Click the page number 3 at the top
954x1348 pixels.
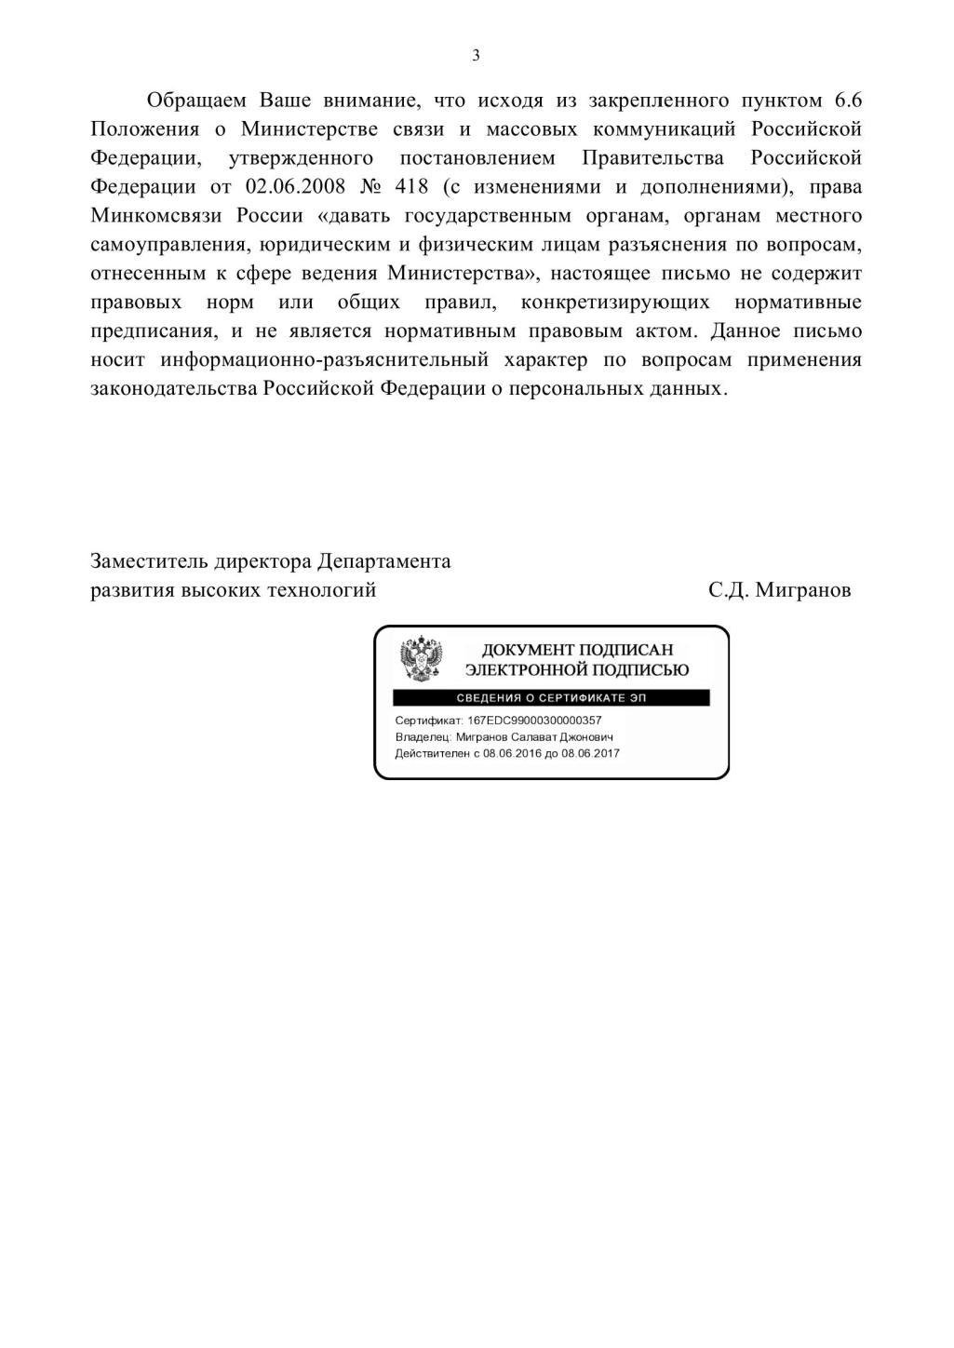477,56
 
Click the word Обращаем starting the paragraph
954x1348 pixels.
195,100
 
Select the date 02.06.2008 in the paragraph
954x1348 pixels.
296,186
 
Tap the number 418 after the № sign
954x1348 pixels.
411,186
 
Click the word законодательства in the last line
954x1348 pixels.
174,388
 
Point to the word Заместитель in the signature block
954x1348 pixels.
149,561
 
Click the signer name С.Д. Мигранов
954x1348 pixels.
779,590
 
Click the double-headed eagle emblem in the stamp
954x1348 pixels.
421,659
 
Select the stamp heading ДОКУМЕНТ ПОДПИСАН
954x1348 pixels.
577,650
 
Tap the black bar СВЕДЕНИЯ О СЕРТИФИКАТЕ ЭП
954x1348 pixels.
551,698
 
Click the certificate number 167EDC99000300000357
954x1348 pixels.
534,721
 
